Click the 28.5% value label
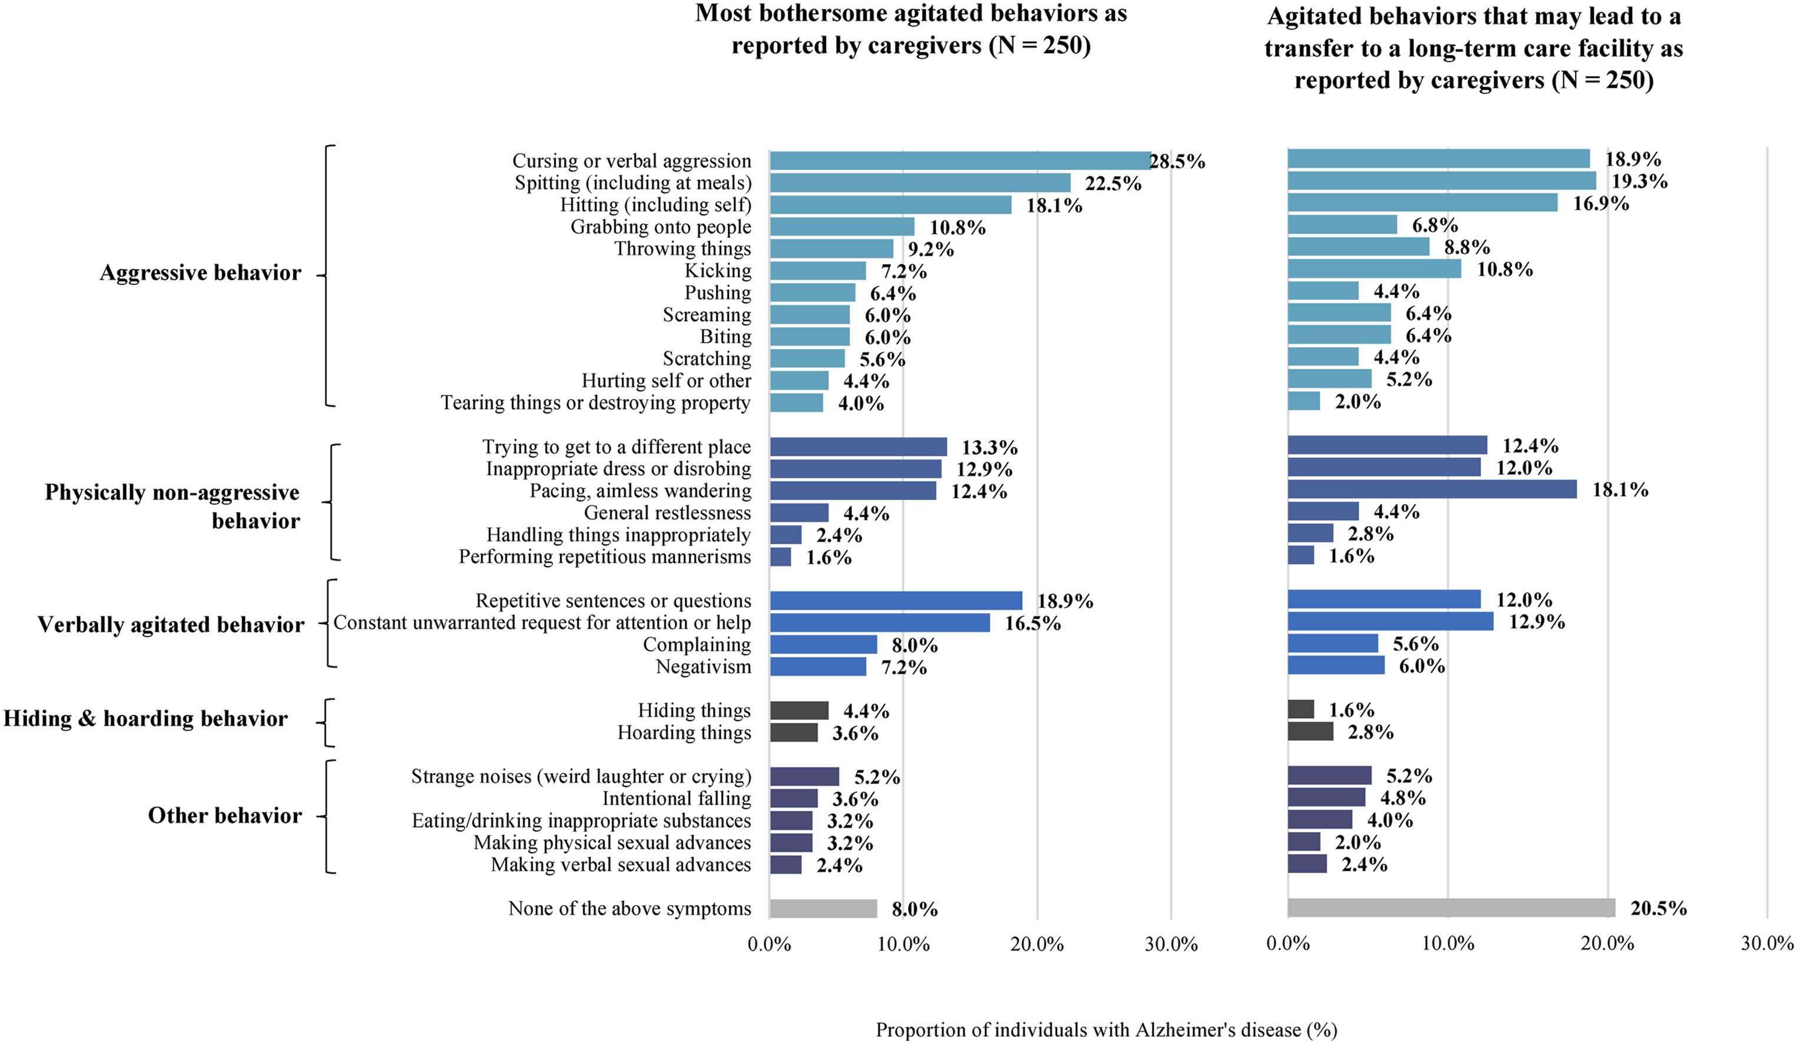coord(1177,161)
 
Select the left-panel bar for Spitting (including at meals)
coord(920,183)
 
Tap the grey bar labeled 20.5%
coord(1451,908)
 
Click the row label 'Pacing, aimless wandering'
coord(640,491)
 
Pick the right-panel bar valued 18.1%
coord(1432,489)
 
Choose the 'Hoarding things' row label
coord(684,732)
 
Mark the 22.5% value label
coord(1113,183)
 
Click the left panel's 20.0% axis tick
coord(1037,944)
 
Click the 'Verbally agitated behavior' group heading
coord(171,625)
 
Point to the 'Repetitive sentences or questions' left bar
coord(896,600)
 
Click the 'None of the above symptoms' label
coord(630,908)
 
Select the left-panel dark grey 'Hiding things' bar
coord(800,711)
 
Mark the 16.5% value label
coord(1033,623)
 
